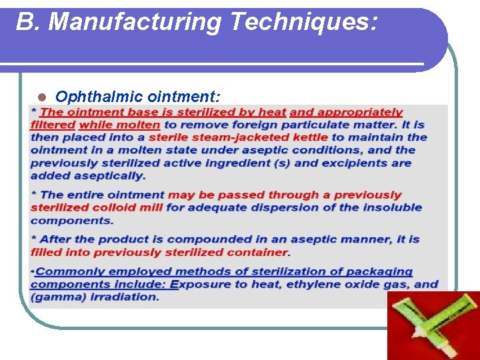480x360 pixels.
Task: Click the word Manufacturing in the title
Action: click(x=136, y=22)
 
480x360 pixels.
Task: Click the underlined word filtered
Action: click(x=53, y=125)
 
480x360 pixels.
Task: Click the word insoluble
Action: click(x=391, y=207)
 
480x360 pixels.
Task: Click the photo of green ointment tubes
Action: click(x=433, y=325)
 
